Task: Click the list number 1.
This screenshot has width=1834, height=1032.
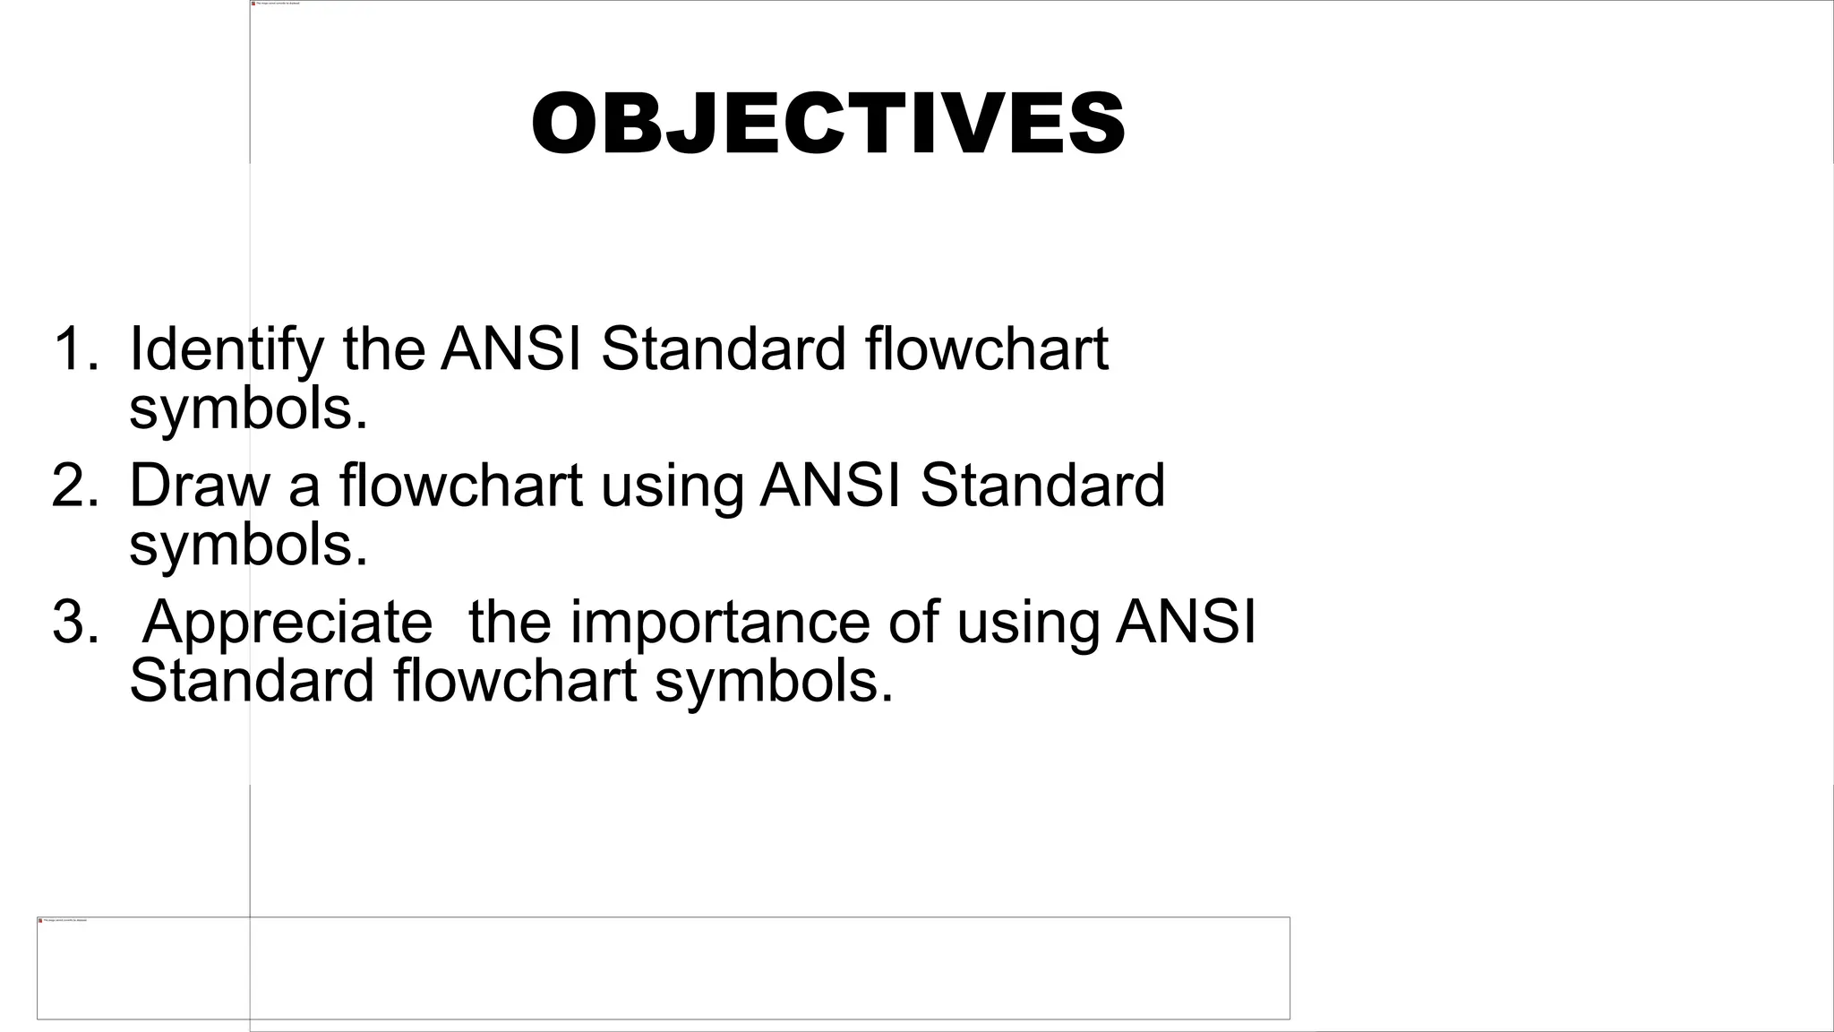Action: [x=75, y=348]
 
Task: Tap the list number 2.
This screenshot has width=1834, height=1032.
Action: [x=75, y=486]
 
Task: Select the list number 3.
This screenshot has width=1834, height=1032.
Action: [x=75, y=622]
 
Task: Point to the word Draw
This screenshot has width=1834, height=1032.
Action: [x=199, y=486]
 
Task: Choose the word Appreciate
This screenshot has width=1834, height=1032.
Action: [x=287, y=622]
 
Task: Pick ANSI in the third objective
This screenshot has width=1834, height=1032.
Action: [x=1186, y=622]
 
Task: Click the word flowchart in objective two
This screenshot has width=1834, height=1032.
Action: [x=461, y=486]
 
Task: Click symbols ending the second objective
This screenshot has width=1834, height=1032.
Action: [x=248, y=546]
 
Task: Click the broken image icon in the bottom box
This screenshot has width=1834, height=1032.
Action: [x=40, y=920]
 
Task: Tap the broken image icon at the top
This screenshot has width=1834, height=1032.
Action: [x=253, y=4]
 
